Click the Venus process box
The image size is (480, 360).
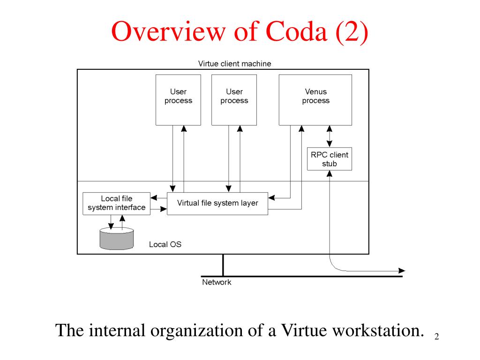point(315,100)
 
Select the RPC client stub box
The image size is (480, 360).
point(330,159)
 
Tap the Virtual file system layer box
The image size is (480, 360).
point(217,203)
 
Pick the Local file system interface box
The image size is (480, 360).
point(116,203)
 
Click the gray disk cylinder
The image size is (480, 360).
point(117,239)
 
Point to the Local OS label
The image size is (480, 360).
point(165,244)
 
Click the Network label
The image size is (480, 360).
point(217,282)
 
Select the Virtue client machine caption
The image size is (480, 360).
point(234,64)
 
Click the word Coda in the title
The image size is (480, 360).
point(296,31)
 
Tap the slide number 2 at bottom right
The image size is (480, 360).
point(436,337)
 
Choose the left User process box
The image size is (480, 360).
point(178,100)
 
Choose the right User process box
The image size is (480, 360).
point(234,100)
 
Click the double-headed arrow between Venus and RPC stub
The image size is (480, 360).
point(330,136)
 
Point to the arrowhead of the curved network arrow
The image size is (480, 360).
point(402,270)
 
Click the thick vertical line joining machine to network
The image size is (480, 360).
point(223,265)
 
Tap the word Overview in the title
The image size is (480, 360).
point(168,31)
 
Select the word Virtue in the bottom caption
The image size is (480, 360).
point(304,330)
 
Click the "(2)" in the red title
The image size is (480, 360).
point(352,32)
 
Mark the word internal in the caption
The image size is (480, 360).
point(117,330)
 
